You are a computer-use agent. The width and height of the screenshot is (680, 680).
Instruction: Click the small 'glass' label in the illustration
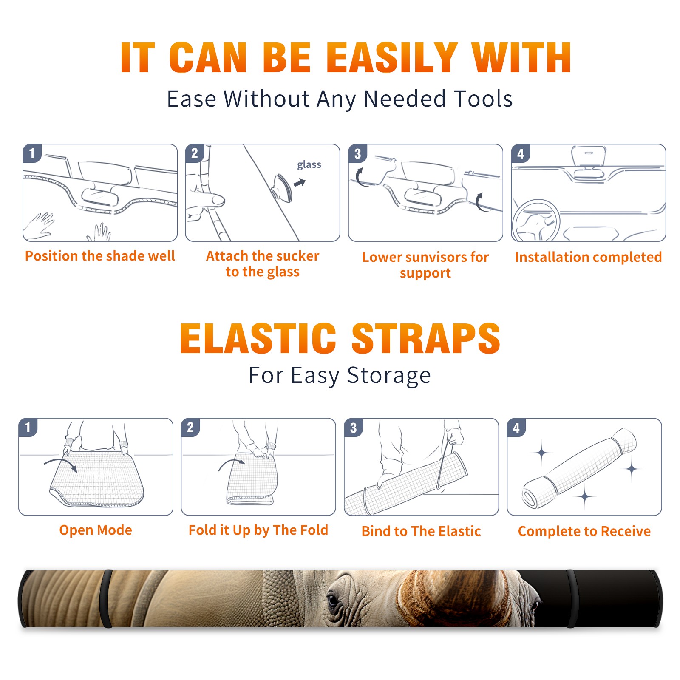[x=309, y=165]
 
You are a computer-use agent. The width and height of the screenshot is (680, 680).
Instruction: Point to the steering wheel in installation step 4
[x=536, y=221]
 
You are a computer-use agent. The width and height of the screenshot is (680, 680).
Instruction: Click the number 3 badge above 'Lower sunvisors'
[x=357, y=154]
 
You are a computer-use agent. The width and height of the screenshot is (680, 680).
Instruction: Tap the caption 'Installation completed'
[x=588, y=257]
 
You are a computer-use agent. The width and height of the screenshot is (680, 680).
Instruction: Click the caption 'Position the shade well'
[x=100, y=256]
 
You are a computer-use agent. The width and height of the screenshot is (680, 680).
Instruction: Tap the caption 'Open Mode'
[x=96, y=530]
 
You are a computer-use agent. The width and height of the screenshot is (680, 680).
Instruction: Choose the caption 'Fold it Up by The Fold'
[x=258, y=530]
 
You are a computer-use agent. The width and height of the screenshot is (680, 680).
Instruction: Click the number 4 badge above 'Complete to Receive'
[x=516, y=428]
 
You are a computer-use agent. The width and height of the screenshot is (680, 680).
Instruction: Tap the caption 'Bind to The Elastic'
[x=421, y=531]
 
